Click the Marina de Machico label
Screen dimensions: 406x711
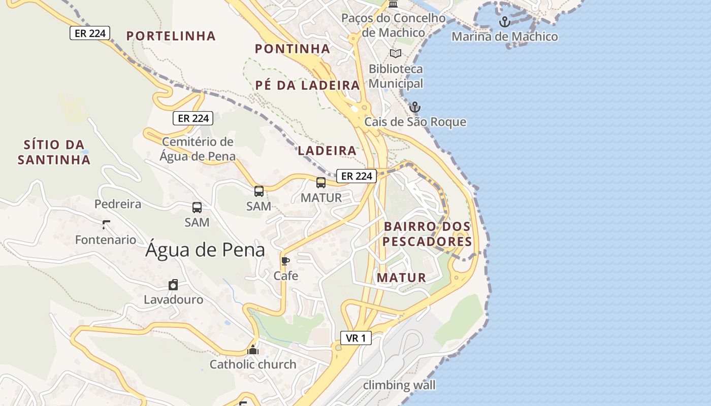click(504, 37)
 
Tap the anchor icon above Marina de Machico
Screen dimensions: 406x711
click(504, 22)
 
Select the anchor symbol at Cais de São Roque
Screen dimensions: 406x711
click(415, 107)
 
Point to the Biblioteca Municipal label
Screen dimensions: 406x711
click(396, 76)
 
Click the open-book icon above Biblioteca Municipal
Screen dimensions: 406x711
click(395, 53)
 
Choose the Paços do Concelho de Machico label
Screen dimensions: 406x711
click(393, 25)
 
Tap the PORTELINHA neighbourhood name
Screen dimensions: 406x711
click(171, 36)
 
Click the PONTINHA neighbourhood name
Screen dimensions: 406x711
click(293, 49)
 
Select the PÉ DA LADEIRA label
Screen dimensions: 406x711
click(307, 85)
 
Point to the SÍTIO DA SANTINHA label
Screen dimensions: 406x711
click(54, 152)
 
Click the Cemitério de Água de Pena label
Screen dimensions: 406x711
click(198, 149)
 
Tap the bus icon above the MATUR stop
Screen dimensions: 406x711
click(321, 183)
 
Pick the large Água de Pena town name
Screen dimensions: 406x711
click(205, 250)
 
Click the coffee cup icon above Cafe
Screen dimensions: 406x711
click(285, 261)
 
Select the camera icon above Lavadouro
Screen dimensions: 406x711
click(173, 285)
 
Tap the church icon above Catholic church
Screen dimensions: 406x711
click(253, 350)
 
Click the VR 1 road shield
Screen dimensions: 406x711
click(356, 338)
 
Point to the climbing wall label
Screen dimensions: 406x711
click(399, 385)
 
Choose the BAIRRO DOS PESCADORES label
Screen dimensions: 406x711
click(427, 234)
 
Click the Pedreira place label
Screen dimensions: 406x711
click(118, 204)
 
